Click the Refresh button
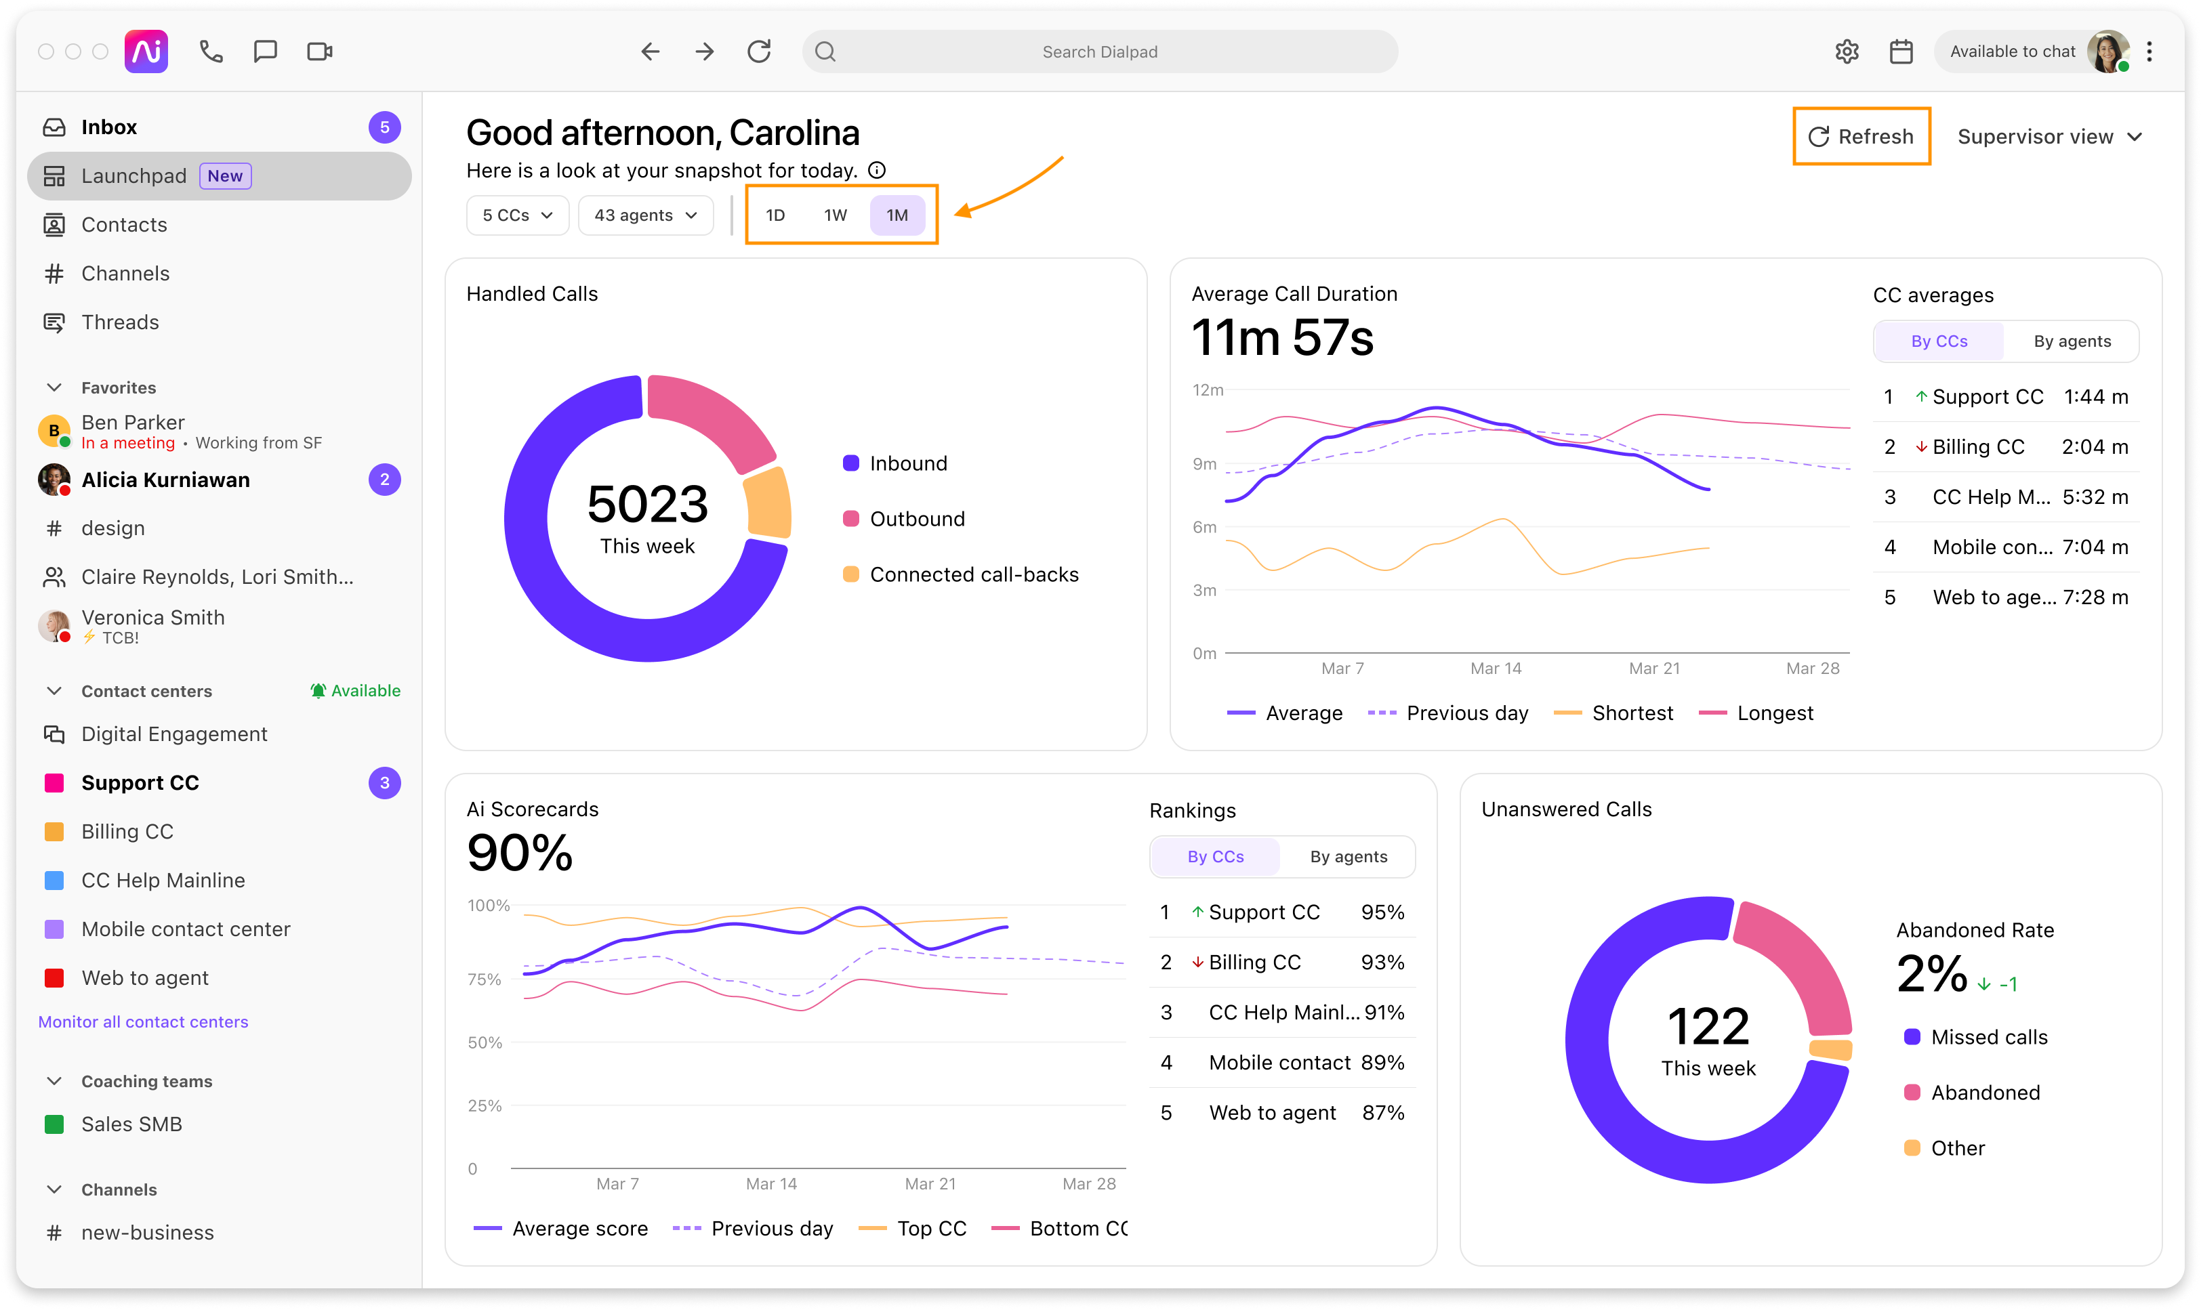(1860, 137)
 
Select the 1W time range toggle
(834, 215)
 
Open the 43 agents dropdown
(645, 215)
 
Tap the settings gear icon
(1846, 52)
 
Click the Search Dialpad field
(1099, 52)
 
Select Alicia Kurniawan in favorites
(165, 480)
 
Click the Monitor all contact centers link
(143, 1021)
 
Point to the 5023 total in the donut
(647, 504)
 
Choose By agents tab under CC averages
(2071, 341)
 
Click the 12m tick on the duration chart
(1207, 390)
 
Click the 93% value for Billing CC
(1382, 963)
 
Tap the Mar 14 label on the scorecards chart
(770, 1184)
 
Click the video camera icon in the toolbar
(320, 52)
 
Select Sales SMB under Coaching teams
(131, 1124)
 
